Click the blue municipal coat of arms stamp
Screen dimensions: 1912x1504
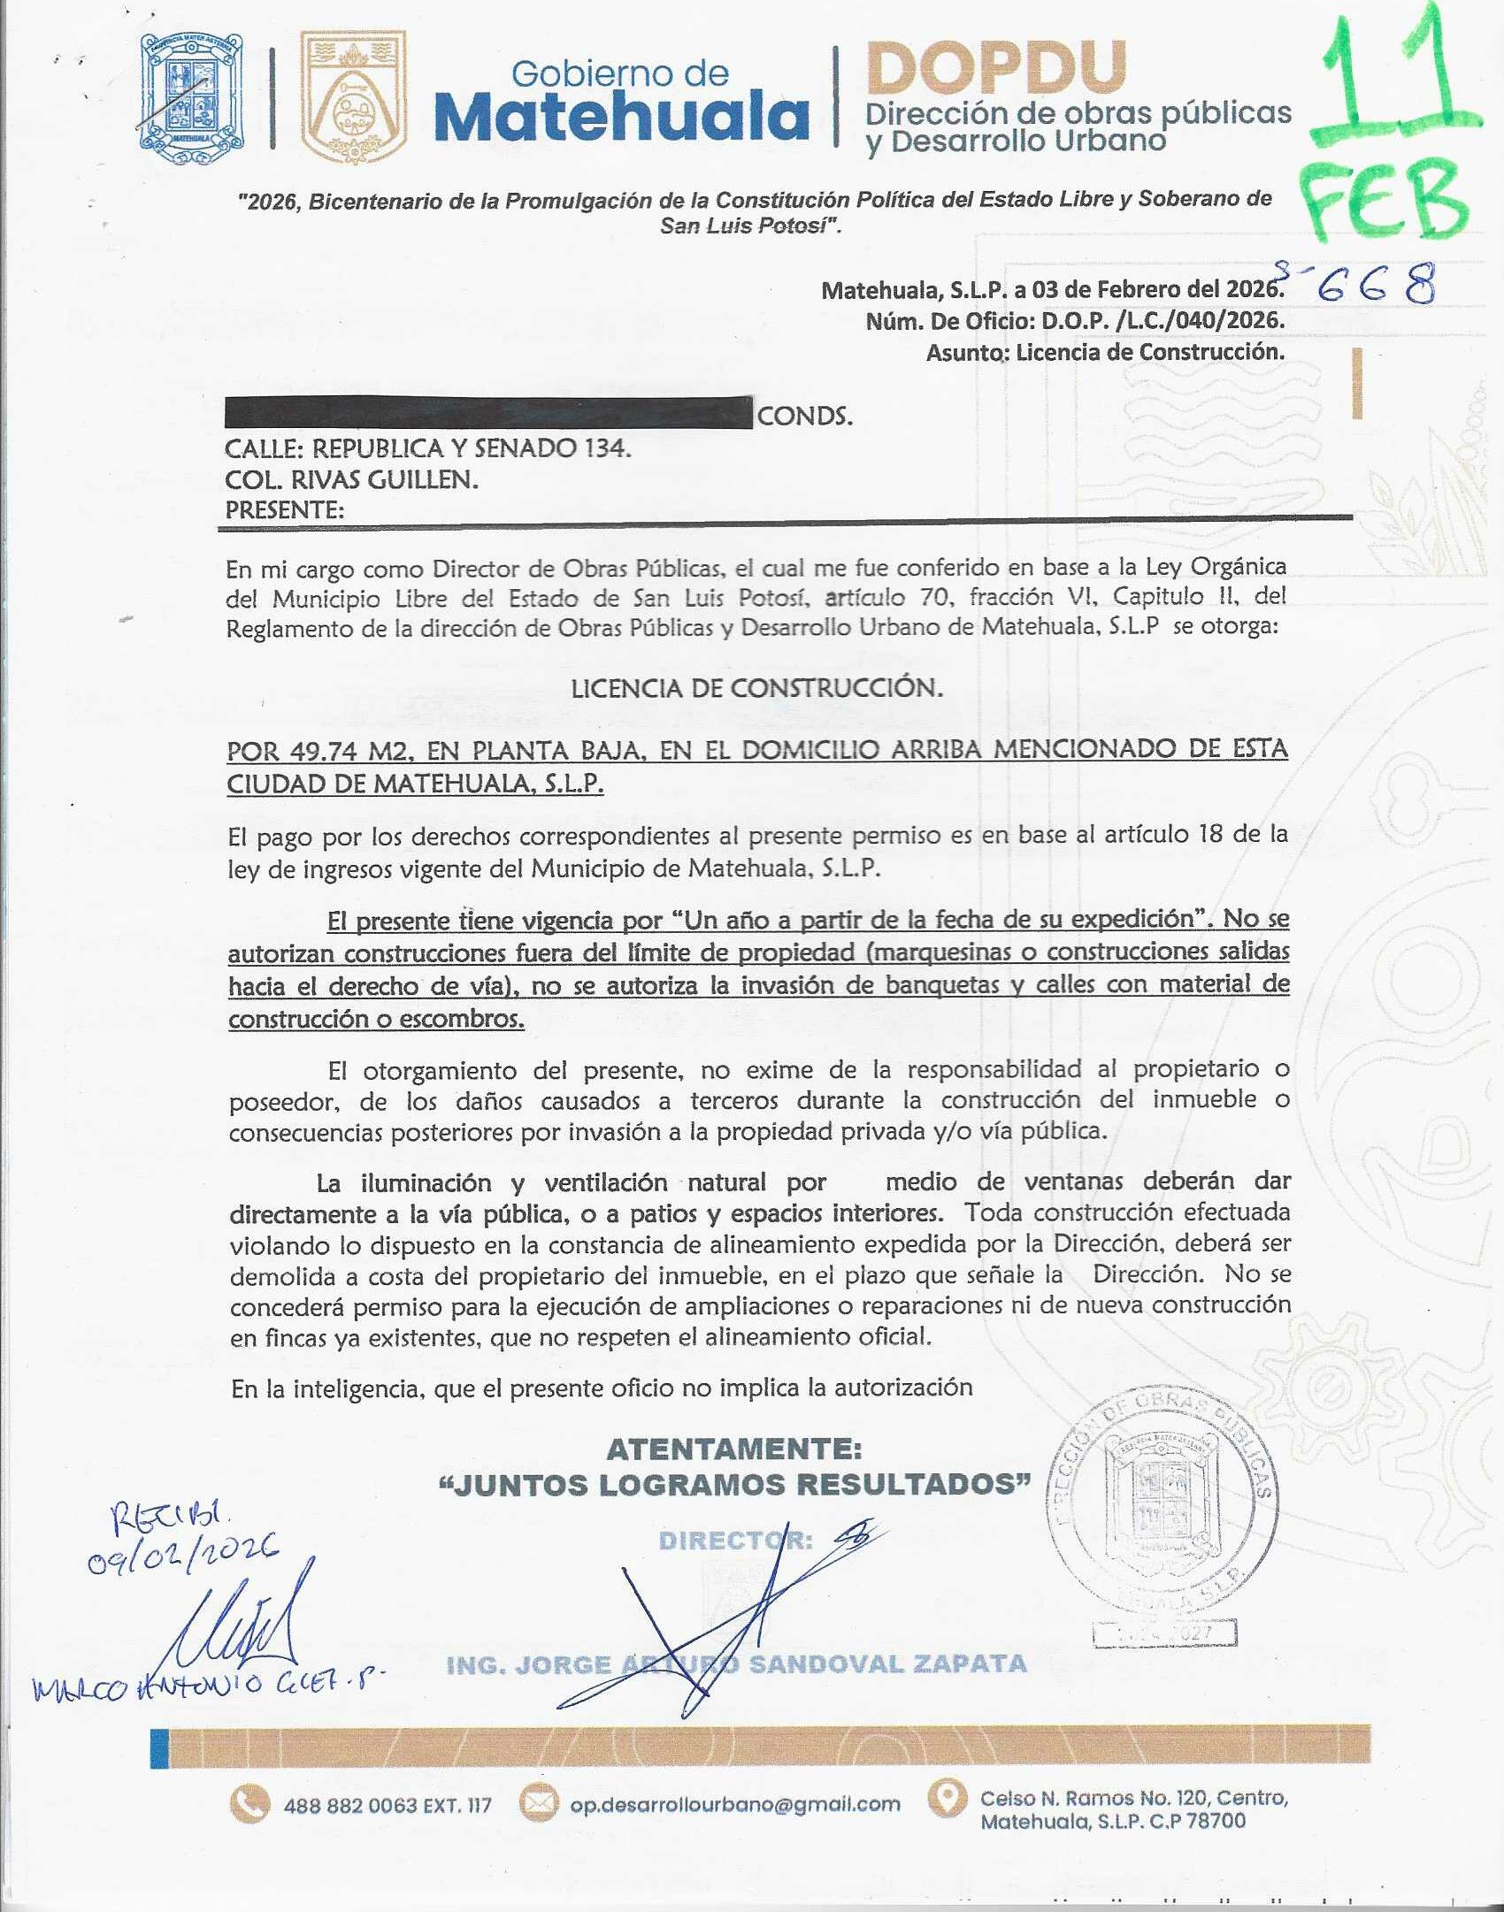tap(191, 97)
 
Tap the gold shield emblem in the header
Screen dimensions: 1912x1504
tap(353, 97)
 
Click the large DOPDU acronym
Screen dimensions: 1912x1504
tap(996, 68)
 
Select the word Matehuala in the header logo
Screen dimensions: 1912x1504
tap(622, 118)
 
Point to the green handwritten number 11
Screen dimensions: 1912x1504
tap(1394, 84)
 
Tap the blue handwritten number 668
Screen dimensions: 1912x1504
tap(1375, 286)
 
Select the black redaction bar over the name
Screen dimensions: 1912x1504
tap(488, 413)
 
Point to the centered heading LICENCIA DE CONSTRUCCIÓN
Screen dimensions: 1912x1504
tap(756, 688)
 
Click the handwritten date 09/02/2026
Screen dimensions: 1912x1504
tap(182, 1552)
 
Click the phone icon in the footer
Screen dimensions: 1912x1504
tap(249, 1804)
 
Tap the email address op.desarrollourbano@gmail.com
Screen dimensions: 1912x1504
tap(734, 1804)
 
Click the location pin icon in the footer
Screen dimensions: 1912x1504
tap(948, 1798)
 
